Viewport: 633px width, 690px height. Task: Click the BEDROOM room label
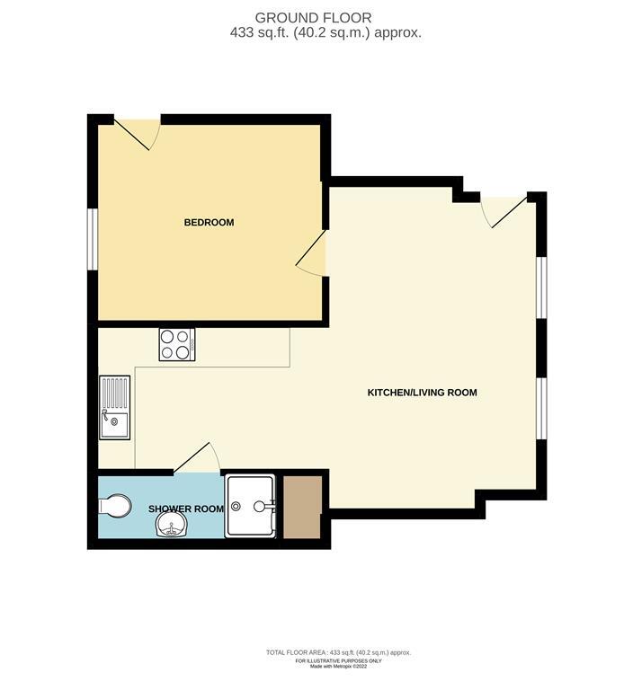(209, 222)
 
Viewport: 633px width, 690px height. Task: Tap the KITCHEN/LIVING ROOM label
(422, 393)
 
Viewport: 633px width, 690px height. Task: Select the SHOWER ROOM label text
(186, 509)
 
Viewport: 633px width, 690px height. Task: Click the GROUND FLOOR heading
(313, 18)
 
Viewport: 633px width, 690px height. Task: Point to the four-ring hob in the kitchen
(177, 345)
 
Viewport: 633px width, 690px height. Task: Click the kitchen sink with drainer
(114, 408)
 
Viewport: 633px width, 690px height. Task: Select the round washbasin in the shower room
(172, 524)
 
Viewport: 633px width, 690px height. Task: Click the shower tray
(250, 506)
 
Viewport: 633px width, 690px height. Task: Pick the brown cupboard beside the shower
(302, 507)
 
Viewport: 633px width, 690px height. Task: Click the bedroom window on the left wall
(92, 238)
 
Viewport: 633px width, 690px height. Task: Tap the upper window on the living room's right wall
(541, 287)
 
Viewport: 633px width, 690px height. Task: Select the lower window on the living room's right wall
(541, 408)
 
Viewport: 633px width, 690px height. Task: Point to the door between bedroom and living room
(311, 253)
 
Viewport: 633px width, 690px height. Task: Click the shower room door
(196, 458)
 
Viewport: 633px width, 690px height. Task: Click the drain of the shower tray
(236, 507)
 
